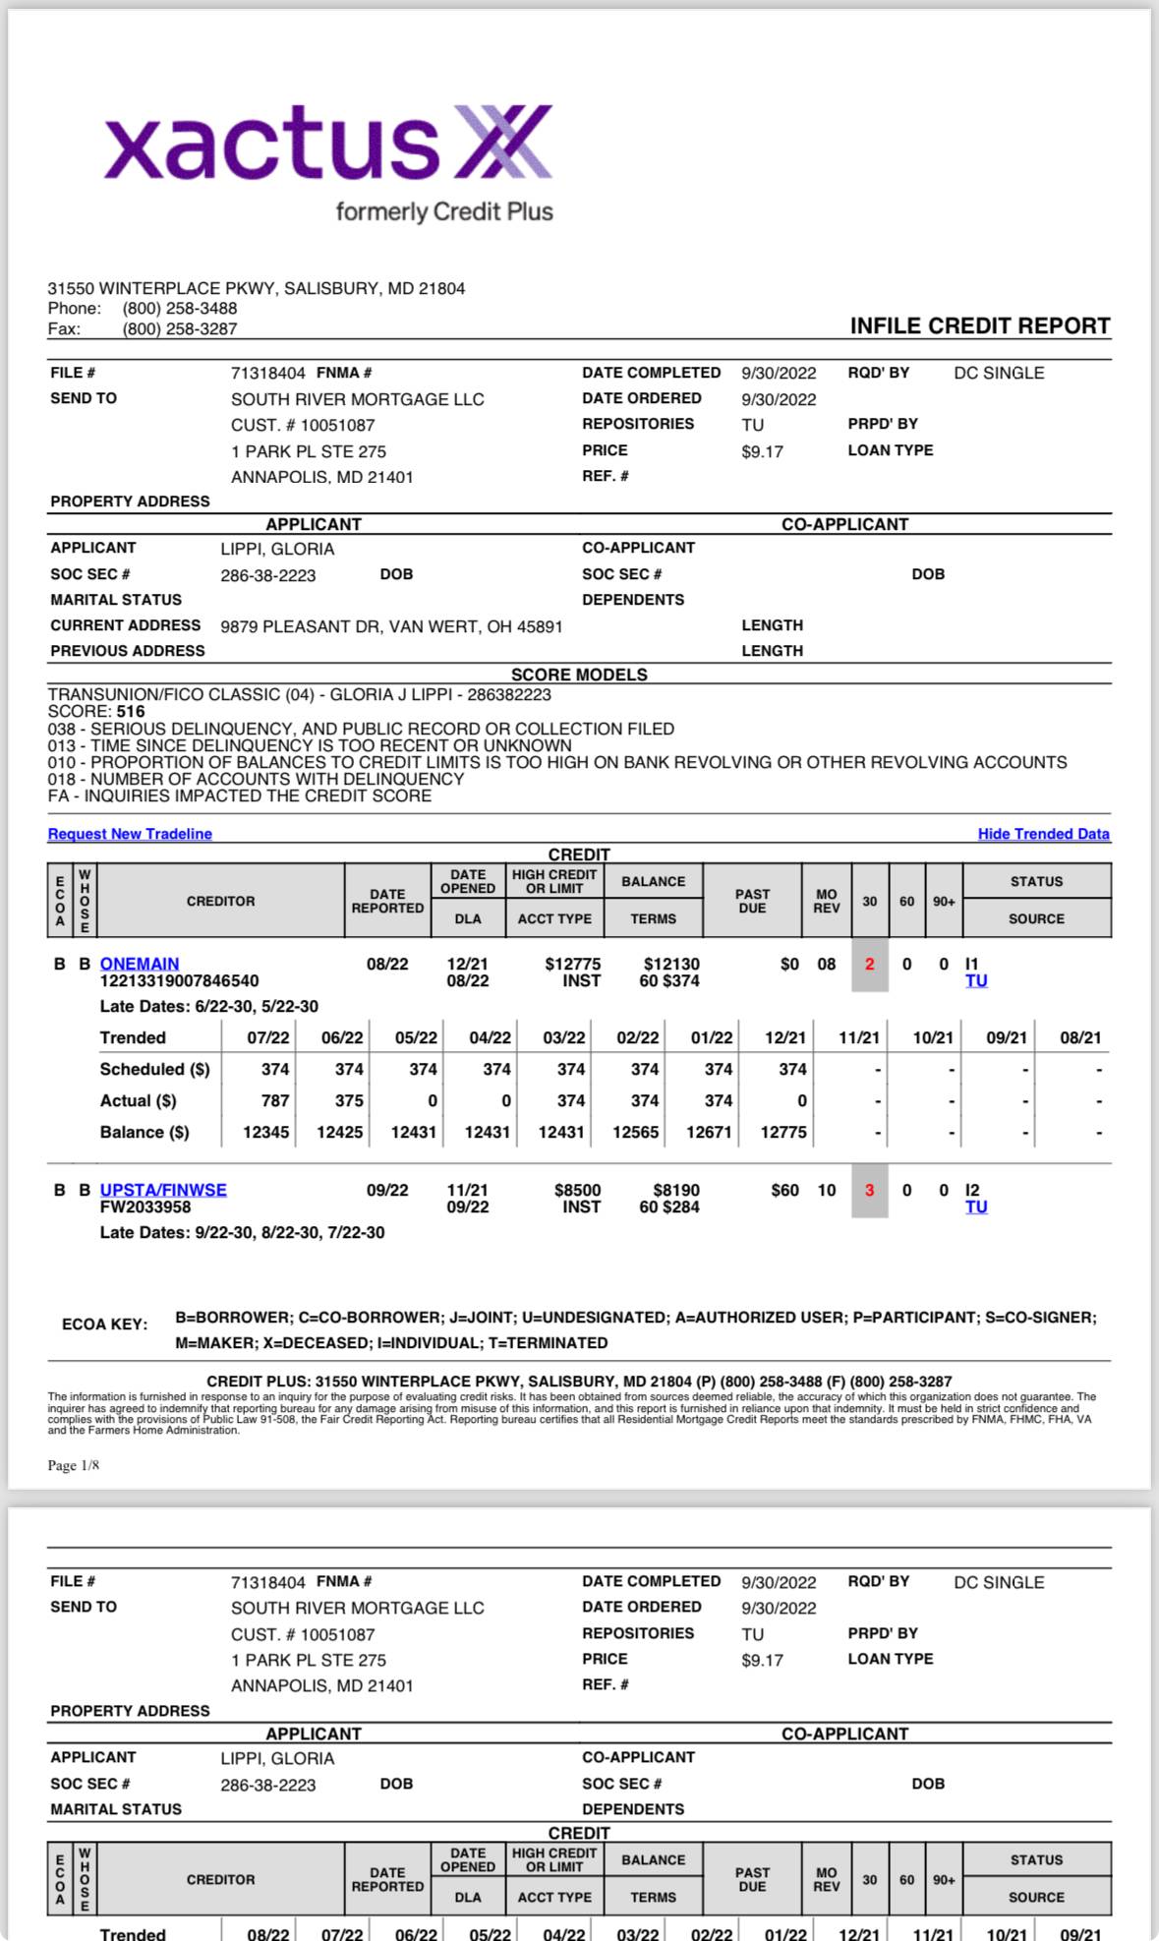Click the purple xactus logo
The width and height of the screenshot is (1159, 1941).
point(327,145)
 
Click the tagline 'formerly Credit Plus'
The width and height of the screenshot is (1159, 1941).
point(444,211)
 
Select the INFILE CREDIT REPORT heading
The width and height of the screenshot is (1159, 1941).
point(979,326)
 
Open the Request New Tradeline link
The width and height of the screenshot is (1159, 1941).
point(130,834)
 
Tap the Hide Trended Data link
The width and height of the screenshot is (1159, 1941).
point(1043,834)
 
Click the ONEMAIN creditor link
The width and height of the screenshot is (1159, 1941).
point(140,964)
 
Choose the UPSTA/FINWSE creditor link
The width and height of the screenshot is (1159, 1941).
point(163,1190)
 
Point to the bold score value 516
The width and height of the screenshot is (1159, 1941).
point(131,712)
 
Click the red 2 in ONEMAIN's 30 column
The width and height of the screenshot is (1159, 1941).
point(869,965)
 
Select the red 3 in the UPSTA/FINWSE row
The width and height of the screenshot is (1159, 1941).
point(869,1191)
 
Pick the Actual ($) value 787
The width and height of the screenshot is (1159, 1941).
point(275,1101)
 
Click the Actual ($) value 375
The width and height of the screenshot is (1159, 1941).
point(349,1101)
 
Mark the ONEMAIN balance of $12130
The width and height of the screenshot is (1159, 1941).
point(671,965)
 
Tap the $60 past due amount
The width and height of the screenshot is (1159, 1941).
point(784,1191)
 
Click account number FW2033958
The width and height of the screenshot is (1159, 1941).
point(145,1207)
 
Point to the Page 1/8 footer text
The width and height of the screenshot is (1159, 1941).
point(74,1465)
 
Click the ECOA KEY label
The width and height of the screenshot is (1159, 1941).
point(104,1324)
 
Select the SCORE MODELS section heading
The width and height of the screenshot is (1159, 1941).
point(579,675)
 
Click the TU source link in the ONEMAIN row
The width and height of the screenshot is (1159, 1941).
point(976,981)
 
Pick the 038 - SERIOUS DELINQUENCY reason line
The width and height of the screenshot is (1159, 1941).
point(361,729)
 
